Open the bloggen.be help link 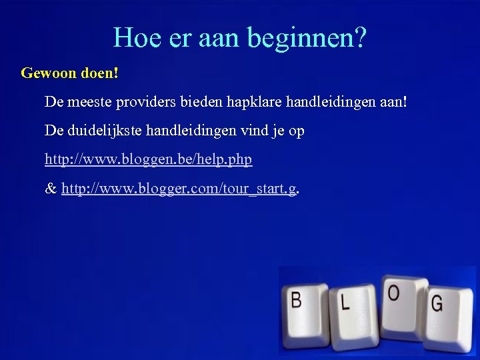pos(148,160)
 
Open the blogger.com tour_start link pos(179,189)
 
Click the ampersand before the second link pos(50,189)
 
